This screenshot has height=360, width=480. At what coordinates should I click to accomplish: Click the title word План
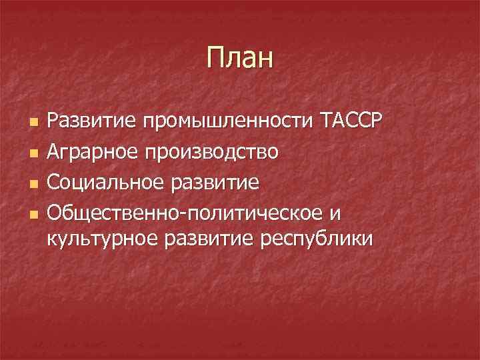[x=240, y=57]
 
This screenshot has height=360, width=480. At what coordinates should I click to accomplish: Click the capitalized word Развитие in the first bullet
[x=91, y=122]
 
